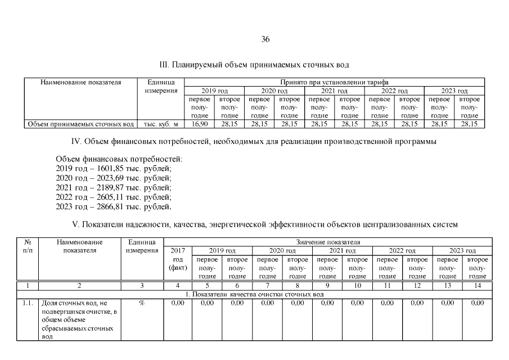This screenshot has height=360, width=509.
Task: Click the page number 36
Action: [265, 39]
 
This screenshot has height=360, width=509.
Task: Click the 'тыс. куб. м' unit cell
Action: [161, 124]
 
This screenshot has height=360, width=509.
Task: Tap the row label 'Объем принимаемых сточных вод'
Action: [81, 124]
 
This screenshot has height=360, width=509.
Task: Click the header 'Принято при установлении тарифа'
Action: [334, 82]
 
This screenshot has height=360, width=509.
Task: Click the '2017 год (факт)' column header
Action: [177, 258]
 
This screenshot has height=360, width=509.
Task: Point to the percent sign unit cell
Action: [141, 303]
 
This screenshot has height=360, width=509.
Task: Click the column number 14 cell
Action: [477, 286]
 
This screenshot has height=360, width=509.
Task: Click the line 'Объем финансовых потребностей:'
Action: [119, 160]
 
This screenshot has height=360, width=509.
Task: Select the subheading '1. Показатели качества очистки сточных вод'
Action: [254, 294]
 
